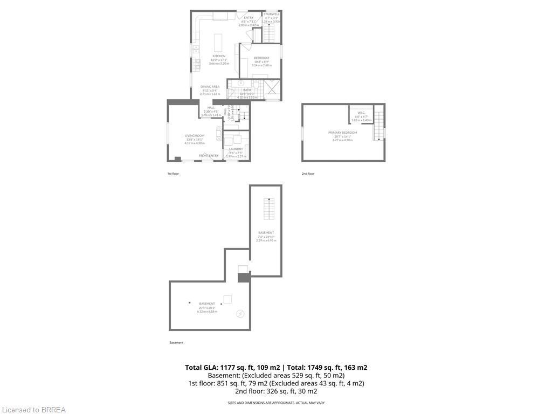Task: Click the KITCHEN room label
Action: coord(219,56)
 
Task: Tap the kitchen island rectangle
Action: coord(218,42)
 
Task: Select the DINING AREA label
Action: coord(210,87)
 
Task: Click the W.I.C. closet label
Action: coord(361,113)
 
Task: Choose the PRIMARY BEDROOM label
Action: coord(342,133)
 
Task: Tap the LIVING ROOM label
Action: coord(195,136)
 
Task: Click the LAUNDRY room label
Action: coord(236,149)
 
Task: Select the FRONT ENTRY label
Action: coord(209,156)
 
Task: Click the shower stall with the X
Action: coord(272,86)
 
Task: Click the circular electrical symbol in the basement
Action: coord(240,314)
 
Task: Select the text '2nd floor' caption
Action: coord(308,174)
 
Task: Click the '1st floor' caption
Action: coord(173,174)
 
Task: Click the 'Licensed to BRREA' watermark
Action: coord(33,410)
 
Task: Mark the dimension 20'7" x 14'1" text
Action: coord(342,136)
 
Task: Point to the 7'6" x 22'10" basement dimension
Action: coord(266,237)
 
